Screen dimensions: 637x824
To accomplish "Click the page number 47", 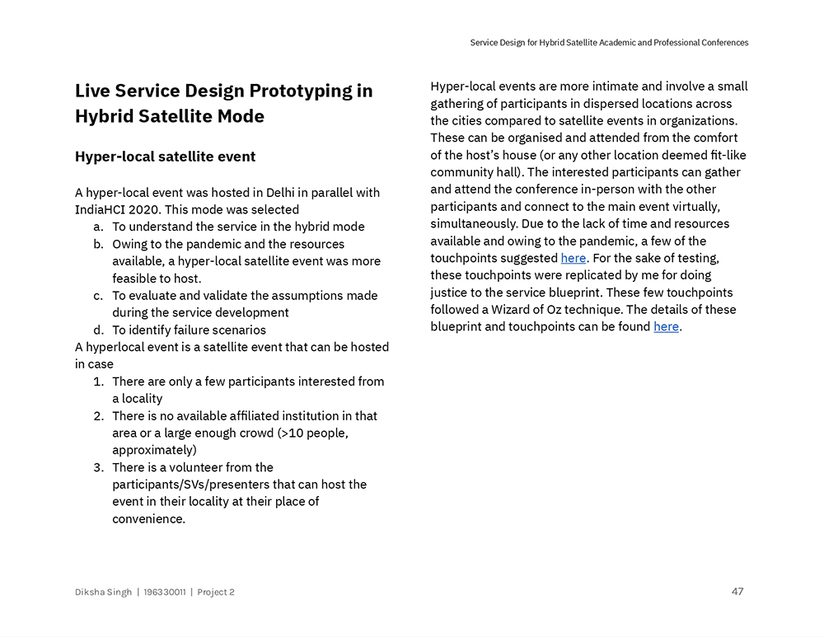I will point(737,591).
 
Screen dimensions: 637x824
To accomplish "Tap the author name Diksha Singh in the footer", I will point(103,593).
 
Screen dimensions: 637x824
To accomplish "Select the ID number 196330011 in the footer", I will point(165,593).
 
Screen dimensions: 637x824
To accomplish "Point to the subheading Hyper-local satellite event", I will point(165,157).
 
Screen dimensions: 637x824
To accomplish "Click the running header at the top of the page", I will point(609,43).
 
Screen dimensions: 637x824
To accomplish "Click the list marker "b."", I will point(97,244).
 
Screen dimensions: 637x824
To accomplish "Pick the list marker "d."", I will point(97,330).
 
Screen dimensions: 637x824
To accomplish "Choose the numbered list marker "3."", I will point(97,467).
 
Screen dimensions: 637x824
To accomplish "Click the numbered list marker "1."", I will point(97,382).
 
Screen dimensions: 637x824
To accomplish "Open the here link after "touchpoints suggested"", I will point(573,258).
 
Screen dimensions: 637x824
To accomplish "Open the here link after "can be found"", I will point(666,327).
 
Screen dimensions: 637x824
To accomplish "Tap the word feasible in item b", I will point(136,279).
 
